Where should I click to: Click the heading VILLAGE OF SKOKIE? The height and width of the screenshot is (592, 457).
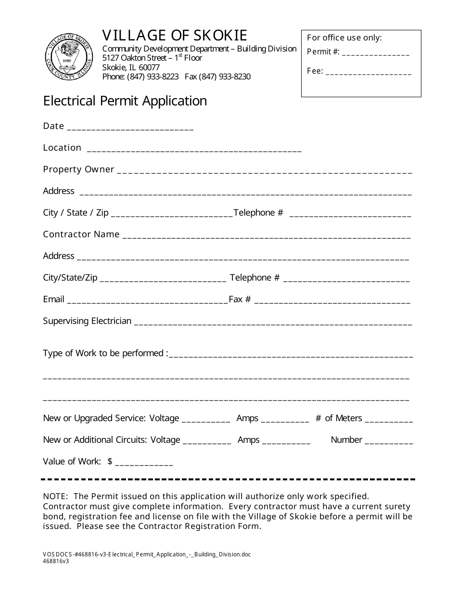point(175,35)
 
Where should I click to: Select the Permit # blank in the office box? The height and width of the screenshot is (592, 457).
point(376,53)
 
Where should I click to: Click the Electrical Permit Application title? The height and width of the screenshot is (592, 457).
point(125,101)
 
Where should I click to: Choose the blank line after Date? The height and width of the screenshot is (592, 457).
point(130,128)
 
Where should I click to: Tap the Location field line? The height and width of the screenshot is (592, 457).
point(194,150)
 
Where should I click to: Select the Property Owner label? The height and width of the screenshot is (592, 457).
point(78,169)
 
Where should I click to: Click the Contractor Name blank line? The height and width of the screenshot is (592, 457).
point(267,236)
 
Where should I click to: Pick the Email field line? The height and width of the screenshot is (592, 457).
point(147,301)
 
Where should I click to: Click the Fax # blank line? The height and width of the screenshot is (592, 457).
point(332,301)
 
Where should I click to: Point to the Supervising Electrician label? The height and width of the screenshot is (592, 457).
point(87,321)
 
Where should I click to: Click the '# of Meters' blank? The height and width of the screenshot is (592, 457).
point(389,420)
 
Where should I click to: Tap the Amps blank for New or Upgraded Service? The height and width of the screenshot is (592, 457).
point(285,420)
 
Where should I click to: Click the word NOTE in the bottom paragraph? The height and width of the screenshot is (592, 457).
point(55,496)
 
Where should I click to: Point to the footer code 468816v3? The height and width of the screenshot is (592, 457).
point(56,561)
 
